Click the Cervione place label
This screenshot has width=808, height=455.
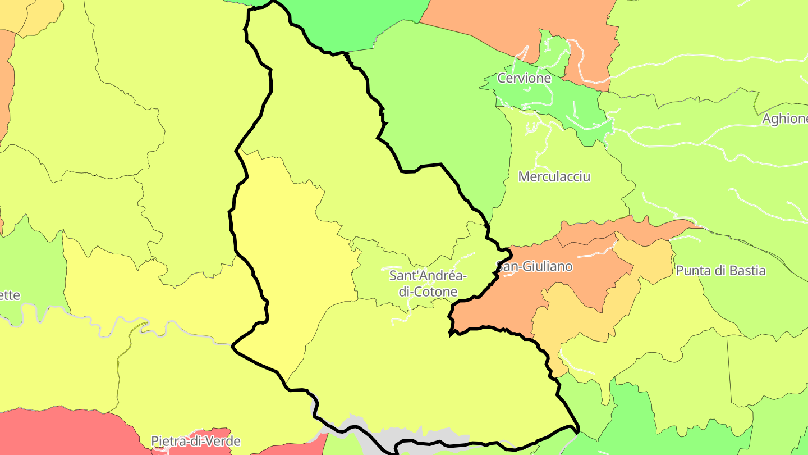point(524,79)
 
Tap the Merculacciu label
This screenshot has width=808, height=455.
point(554,176)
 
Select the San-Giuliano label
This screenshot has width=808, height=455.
point(535,266)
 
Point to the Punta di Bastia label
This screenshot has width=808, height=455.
point(720,271)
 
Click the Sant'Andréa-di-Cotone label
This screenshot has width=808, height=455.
point(428,284)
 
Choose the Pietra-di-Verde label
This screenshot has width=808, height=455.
point(196,441)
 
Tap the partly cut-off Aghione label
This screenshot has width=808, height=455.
point(784,119)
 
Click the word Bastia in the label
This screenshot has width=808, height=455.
point(745,271)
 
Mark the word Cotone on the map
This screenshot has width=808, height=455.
point(435,292)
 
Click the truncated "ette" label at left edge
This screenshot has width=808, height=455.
point(10,295)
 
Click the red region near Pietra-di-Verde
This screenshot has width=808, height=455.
point(67,433)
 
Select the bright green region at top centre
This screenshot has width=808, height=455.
point(359,22)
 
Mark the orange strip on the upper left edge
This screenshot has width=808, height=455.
point(6,84)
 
